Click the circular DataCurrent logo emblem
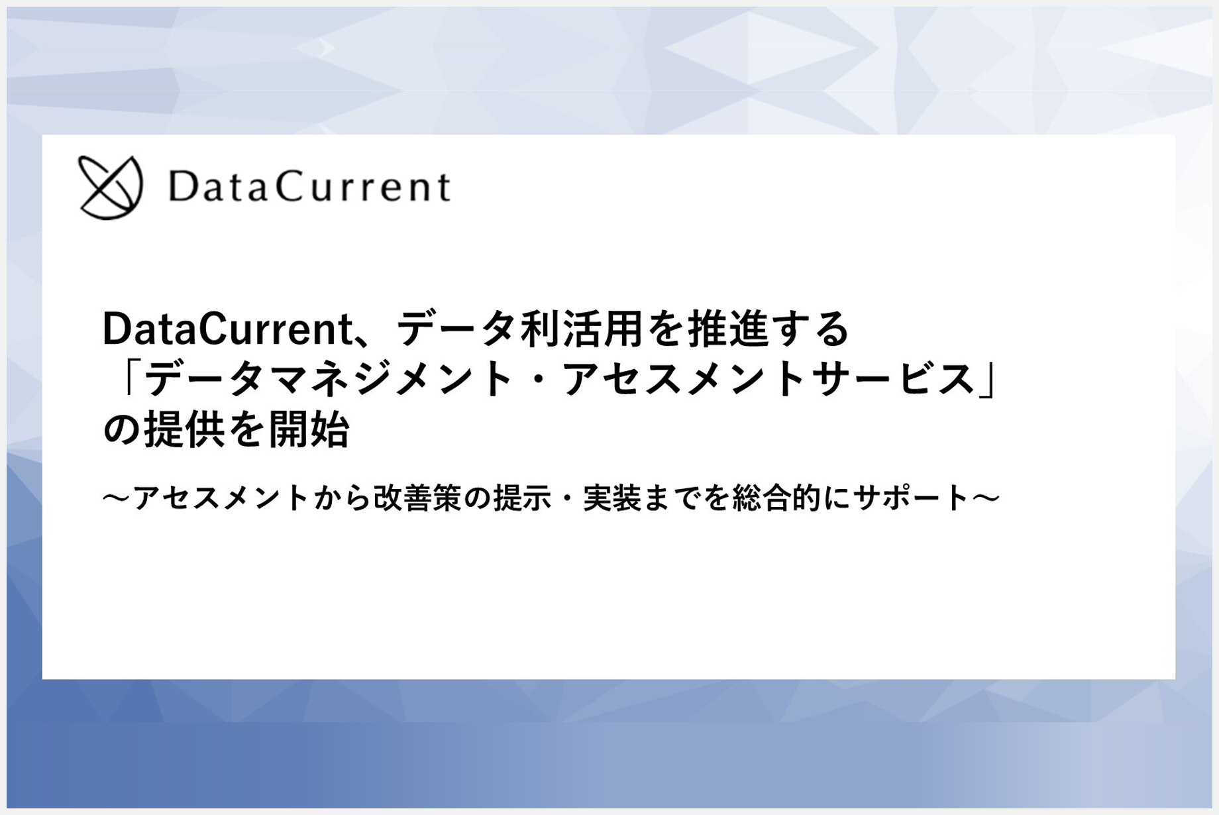click(x=110, y=188)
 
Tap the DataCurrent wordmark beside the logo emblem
click(x=309, y=187)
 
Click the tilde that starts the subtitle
click(x=115, y=499)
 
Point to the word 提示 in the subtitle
click(x=522, y=499)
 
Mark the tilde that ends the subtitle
click(x=986, y=499)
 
